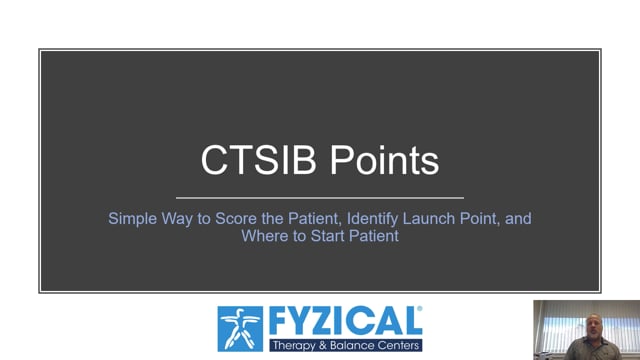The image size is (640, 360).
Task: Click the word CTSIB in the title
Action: point(258,160)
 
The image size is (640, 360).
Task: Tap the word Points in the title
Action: point(384,160)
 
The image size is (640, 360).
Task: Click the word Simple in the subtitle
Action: point(133,219)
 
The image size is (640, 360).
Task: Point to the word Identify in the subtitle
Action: point(372,219)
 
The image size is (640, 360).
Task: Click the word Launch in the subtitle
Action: point(429,218)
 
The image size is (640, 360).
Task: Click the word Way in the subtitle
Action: point(177,219)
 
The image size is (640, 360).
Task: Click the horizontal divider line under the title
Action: point(320,198)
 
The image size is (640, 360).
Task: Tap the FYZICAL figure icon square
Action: point(240,329)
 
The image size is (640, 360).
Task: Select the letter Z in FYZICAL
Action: point(322,322)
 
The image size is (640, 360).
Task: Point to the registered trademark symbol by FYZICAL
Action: point(419,309)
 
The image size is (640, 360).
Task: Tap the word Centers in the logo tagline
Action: point(398,345)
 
